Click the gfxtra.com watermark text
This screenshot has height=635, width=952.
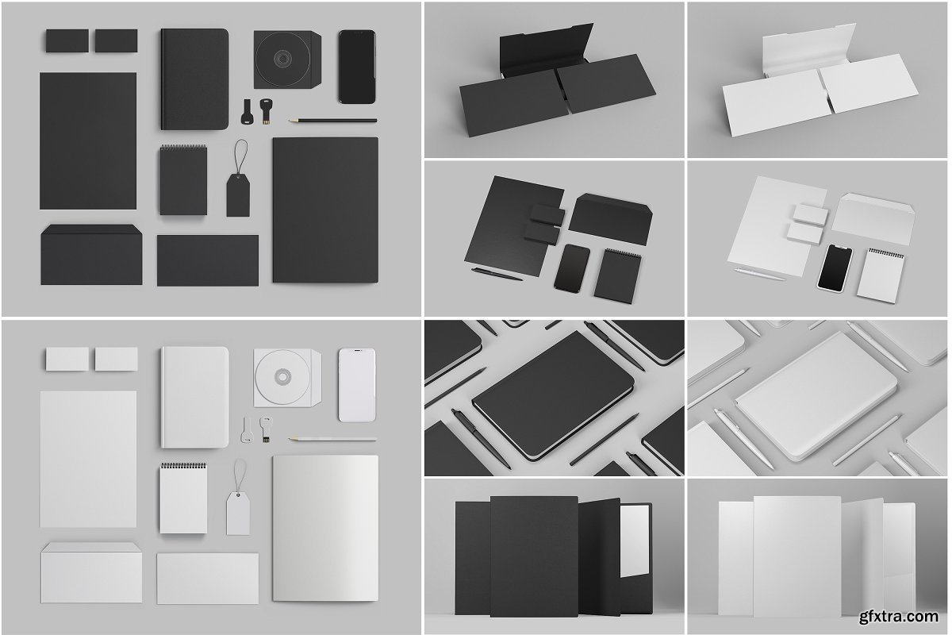point(898,616)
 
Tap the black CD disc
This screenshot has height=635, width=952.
point(282,57)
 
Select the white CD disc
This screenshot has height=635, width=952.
point(282,376)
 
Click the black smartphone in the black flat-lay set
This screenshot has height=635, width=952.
point(357,67)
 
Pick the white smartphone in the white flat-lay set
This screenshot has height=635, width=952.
point(357,385)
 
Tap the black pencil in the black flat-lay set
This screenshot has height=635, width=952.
point(332,121)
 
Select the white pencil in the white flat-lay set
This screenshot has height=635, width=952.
point(332,439)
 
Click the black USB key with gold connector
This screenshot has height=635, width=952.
point(266,111)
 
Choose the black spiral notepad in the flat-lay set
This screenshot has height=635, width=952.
point(183,180)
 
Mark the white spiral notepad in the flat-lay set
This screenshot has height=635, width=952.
point(183,498)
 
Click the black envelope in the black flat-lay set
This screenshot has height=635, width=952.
point(91,255)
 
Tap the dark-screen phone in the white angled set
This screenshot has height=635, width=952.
point(835,268)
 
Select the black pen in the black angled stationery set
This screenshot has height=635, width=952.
point(497,274)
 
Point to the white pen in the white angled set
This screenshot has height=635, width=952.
point(759,274)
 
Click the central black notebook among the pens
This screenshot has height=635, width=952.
point(554,396)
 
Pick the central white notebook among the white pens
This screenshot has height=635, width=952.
point(816,396)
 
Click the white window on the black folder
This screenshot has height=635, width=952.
point(635,541)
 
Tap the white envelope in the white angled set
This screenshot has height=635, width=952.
point(873,217)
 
